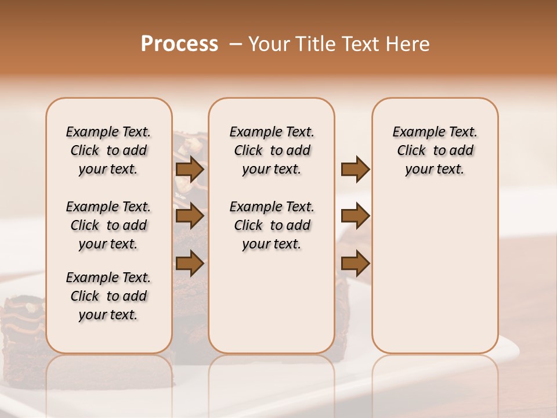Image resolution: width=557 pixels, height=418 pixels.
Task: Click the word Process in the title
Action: pyautogui.click(x=179, y=44)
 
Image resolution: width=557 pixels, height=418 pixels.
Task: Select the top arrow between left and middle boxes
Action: pyautogui.click(x=190, y=170)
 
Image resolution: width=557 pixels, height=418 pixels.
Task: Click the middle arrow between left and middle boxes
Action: pyautogui.click(x=190, y=216)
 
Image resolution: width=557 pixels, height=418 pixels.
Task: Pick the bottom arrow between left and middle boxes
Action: pyautogui.click(x=190, y=264)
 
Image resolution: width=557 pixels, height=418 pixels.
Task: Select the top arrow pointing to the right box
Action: pyautogui.click(x=355, y=170)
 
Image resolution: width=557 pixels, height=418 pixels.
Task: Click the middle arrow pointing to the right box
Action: pyautogui.click(x=355, y=216)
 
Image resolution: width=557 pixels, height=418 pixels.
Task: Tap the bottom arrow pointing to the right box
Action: pyautogui.click(x=355, y=264)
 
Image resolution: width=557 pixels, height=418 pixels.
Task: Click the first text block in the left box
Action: pyautogui.click(x=108, y=150)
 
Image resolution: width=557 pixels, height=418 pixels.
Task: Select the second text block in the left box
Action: pyautogui.click(x=108, y=225)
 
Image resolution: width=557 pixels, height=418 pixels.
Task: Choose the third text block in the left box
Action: pyautogui.click(x=108, y=296)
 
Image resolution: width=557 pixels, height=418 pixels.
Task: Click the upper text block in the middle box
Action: pyautogui.click(x=272, y=150)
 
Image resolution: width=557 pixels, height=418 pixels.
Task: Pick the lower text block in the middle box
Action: pyautogui.click(x=272, y=225)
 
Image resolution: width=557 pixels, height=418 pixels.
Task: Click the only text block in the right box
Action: pyautogui.click(x=435, y=150)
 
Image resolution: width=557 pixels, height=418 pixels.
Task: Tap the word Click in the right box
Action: pyautogui.click(x=411, y=151)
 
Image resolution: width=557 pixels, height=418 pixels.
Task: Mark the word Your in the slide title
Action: pyautogui.click(x=267, y=44)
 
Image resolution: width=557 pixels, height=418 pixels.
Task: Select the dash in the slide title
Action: pyautogui.click(x=236, y=44)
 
